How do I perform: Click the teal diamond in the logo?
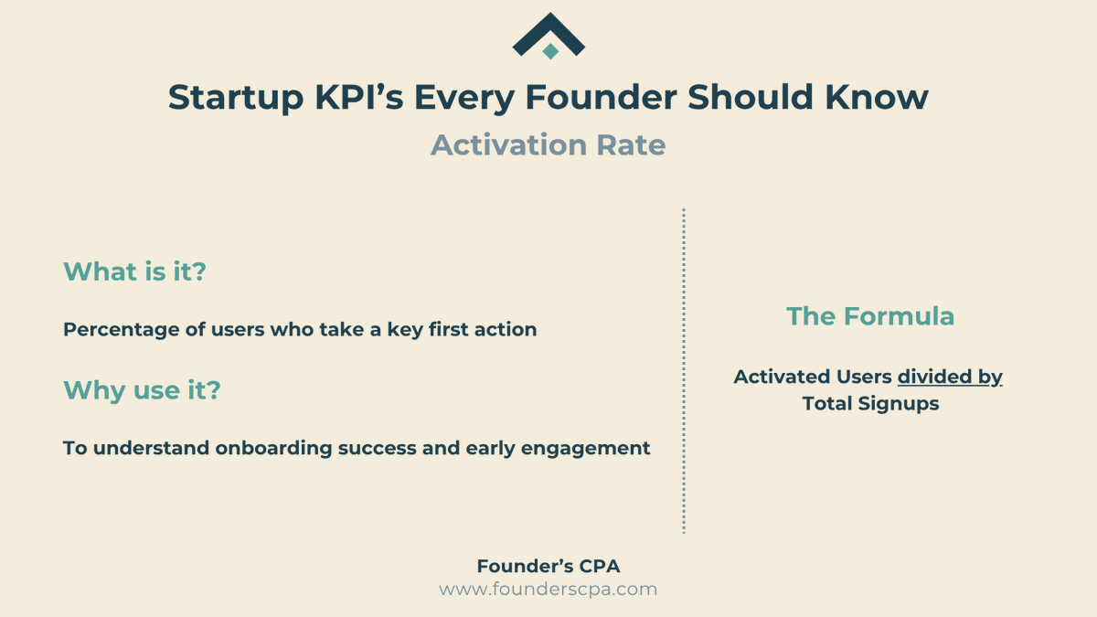tap(549, 51)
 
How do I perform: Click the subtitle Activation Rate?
tap(548, 144)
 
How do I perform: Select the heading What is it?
tap(135, 271)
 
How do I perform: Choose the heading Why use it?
tap(142, 390)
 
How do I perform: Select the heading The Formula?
tap(870, 316)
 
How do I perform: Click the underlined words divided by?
tap(950, 377)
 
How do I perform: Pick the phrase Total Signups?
tap(870, 403)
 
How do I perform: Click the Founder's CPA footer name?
tap(548, 567)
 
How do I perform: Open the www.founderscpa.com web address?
tap(548, 590)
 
